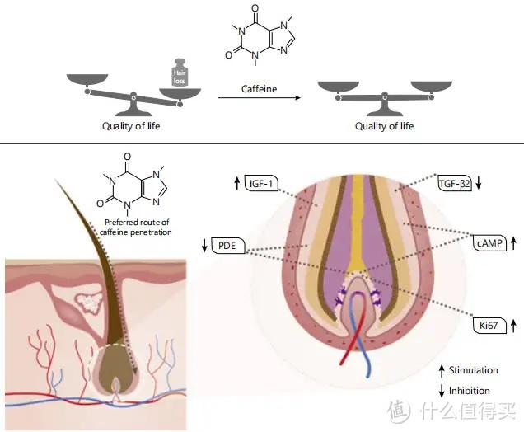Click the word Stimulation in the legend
(x=474, y=371)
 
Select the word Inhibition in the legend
(x=470, y=391)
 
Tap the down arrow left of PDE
(x=205, y=246)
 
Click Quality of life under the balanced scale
(x=384, y=126)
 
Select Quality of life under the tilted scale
(x=131, y=126)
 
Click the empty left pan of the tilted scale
(x=86, y=81)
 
